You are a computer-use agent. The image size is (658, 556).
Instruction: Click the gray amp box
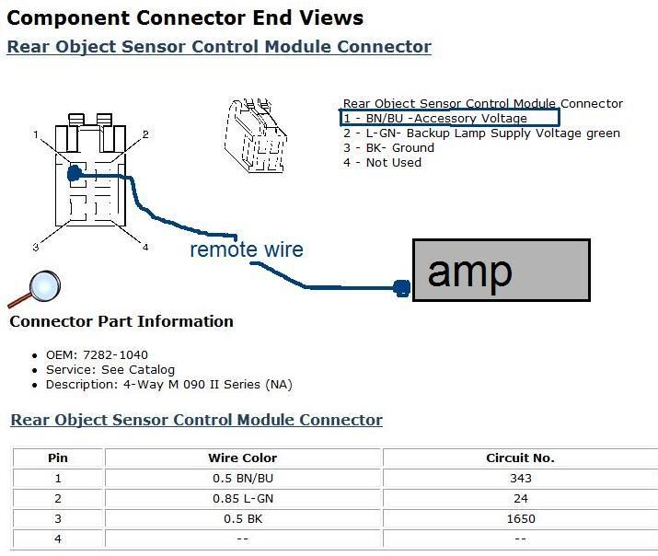tap(502, 271)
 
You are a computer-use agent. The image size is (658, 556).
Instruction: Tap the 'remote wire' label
tap(247, 249)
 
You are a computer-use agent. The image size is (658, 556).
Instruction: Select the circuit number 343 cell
tap(520, 478)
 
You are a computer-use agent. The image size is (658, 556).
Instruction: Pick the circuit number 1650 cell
tap(520, 518)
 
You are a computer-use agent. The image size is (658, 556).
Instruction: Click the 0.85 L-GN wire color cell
tap(243, 498)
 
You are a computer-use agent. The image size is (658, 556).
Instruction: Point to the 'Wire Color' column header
tap(243, 458)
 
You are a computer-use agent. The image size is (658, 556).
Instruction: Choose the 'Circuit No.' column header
tap(520, 458)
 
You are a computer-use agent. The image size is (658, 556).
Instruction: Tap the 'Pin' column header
tap(58, 458)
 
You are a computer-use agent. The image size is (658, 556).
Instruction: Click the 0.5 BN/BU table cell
tap(243, 478)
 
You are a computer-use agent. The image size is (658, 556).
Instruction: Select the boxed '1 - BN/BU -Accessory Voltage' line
tap(448, 119)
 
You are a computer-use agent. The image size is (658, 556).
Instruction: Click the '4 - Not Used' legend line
tap(382, 163)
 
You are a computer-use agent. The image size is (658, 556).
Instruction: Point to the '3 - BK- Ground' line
tap(388, 148)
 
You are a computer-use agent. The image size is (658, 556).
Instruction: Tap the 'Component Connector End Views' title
tap(185, 17)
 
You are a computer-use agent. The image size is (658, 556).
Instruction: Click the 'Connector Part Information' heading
tap(121, 321)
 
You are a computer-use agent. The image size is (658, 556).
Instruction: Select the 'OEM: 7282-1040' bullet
tap(97, 354)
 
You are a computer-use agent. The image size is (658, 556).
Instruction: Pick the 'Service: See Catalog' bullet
tap(110, 369)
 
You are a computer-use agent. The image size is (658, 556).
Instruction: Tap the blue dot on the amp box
tap(401, 288)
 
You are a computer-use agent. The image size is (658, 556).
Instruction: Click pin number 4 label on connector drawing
tap(145, 247)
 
